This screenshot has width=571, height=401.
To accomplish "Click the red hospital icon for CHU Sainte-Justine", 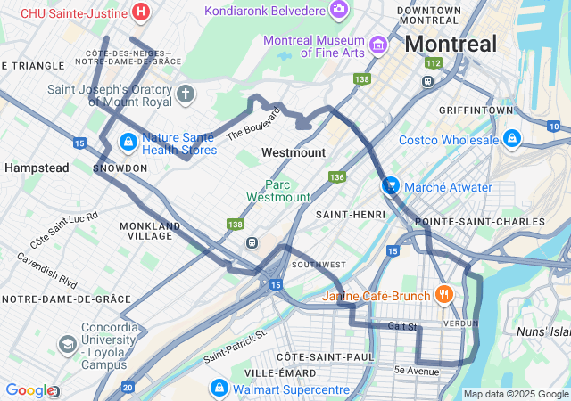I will point(140,12).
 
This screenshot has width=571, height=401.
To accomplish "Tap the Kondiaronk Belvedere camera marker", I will point(338,10).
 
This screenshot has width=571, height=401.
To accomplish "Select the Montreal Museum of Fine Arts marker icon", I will point(377,44).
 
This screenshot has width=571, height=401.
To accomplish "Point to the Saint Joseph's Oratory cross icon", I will point(186,94).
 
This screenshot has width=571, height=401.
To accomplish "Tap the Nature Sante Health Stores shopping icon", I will point(128,142).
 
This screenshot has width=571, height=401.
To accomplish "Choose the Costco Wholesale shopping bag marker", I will point(512,139).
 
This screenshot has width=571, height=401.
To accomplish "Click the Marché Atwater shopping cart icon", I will point(390,185).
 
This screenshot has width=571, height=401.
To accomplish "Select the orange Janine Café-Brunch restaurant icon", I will point(443,294).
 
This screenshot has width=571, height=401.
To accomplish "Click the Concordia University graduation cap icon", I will point(67,344).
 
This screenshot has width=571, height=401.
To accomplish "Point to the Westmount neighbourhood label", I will point(294,152).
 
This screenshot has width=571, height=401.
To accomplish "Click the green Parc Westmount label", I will point(278,191).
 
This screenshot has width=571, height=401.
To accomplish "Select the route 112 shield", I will point(434,63).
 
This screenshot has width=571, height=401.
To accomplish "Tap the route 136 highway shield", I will point(335,177).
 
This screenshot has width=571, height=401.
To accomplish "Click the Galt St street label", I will point(403,326).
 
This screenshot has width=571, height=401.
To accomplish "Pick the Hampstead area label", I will point(37,168).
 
